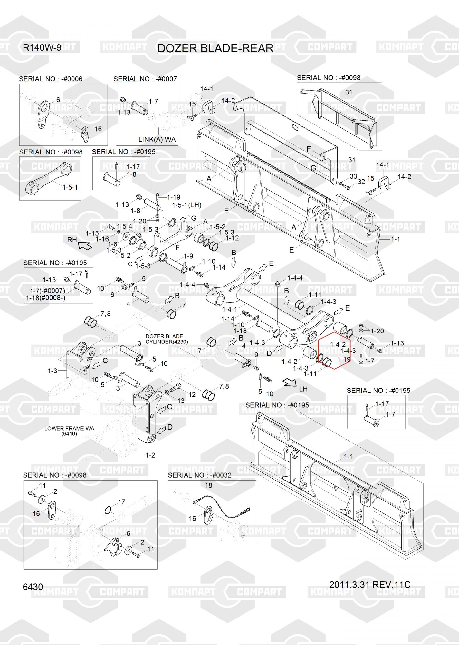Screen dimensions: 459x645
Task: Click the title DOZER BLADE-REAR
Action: pyautogui.click(x=215, y=48)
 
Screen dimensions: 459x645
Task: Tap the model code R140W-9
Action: pyautogui.click(x=42, y=48)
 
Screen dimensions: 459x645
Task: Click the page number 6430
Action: pyautogui.click(x=33, y=586)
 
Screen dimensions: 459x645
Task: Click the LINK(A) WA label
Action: pyautogui.click(x=157, y=139)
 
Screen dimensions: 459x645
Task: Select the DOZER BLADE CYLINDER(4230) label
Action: pyautogui.click(x=167, y=339)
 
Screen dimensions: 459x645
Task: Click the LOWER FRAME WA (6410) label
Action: pyautogui.click(x=69, y=431)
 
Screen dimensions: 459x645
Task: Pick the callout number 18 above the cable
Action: pyautogui.click(x=209, y=485)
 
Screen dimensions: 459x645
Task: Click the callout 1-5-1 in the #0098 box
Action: pyautogui.click(x=70, y=187)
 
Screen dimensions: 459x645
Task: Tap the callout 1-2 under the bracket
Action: pyautogui.click(x=150, y=455)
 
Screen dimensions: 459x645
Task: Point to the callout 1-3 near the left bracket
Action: pyautogui.click(x=52, y=371)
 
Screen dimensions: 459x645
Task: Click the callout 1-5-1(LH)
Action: pyautogui.click(x=187, y=205)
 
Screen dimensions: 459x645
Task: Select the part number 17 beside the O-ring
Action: pyautogui.click(x=121, y=502)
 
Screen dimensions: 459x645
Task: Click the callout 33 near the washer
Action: pyautogui.click(x=353, y=176)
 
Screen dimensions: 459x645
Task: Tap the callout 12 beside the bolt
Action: pyautogui.click(x=192, y=394)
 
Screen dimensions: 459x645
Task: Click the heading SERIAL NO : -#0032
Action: pyautogui.click(x=200, y=475)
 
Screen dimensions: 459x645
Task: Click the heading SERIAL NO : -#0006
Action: pyautogui.click(x=51, y=79)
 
